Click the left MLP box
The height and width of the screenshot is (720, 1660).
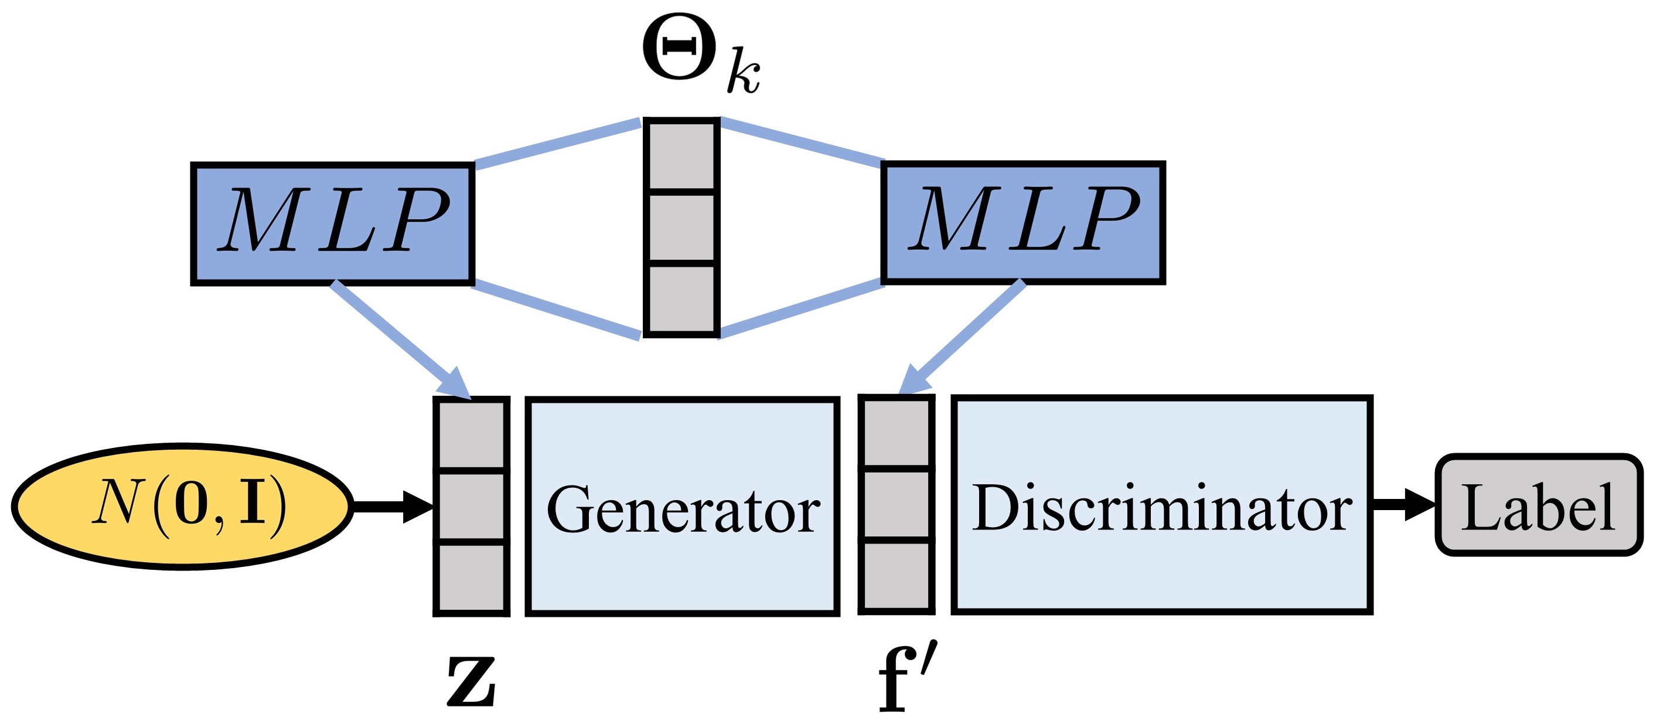[332, 223]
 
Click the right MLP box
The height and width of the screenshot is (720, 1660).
[1022, 222]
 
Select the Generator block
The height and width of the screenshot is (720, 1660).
[683, 507]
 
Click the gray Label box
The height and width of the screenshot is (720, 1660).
[1538, 505]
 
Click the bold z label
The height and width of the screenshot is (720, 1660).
[471, 681]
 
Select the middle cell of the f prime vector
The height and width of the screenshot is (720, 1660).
[897, 504]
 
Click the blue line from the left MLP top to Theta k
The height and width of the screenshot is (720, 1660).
[557, 142]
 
